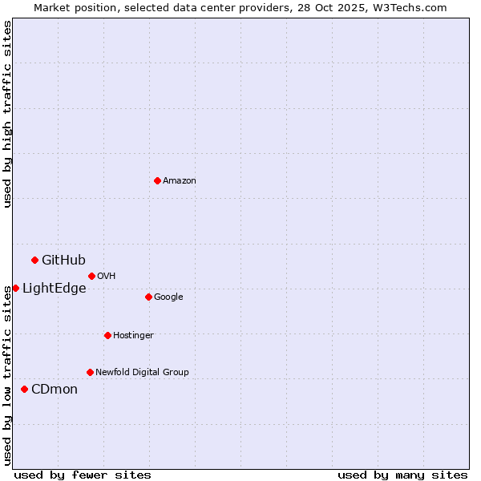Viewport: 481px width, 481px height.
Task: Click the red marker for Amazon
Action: [157, 180]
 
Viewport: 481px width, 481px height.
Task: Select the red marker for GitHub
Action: [34, 260]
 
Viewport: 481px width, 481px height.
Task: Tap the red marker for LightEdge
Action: [15, 288]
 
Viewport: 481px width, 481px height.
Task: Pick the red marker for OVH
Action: [91, 276]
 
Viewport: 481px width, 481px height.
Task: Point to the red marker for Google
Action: [148, 297]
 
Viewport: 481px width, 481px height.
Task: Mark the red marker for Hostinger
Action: [107, 335]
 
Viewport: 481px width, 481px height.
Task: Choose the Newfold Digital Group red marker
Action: [90, 372]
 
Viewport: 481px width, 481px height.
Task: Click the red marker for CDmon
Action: [24, 389]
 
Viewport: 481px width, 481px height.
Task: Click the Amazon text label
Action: [180, 181]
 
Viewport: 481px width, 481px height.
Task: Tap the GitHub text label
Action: [63, 260]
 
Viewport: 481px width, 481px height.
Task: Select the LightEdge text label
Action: [54, 289]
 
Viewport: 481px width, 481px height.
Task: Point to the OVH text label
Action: [107, 277]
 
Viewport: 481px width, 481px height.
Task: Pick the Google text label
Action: [168, 297]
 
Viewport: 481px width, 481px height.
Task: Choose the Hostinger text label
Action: [133, 336]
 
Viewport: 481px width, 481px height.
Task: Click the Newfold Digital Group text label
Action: [142, 373]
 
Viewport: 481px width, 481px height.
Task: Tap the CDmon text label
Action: [55, 390]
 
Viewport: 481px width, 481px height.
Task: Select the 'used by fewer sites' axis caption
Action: [83, 475]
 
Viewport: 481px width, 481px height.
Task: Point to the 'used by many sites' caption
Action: [402, 475]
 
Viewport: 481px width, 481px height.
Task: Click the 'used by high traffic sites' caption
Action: [8, 114]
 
